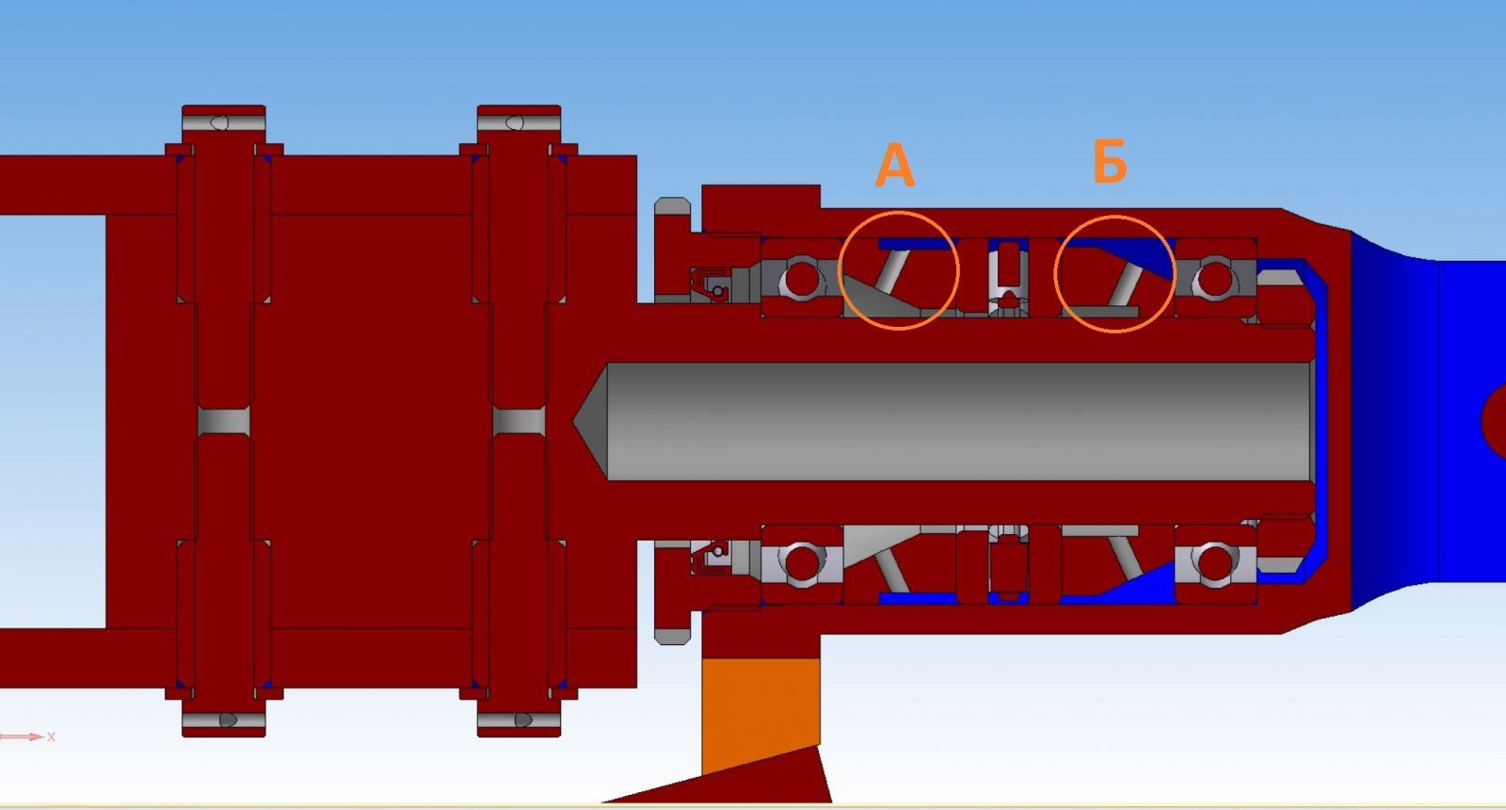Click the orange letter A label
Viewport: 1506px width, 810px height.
click(x=895, y=165)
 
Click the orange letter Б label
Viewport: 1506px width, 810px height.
click(x=1110, y=161)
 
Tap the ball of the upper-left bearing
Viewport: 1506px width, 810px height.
click(x=802, y=279)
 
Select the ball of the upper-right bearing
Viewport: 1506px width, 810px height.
click(x=1215, y=279)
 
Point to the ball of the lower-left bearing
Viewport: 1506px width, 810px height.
click(x=802, y=563)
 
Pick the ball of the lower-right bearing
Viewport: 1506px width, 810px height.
click(x=1215, y=563)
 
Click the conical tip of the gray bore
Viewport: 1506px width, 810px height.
click(x=590, y=421)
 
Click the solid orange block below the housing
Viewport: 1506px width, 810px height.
click(x=761, y=713)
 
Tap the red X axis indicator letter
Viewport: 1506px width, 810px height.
click(x=51, y=737)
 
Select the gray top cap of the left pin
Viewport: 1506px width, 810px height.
click(x=224, y=123)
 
